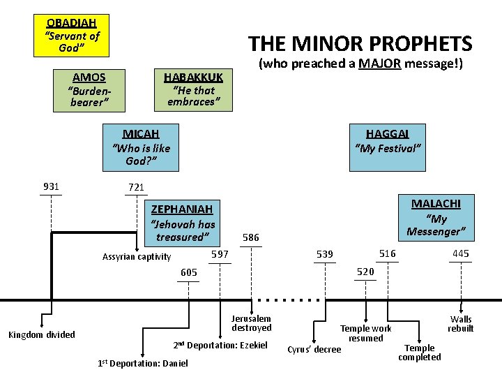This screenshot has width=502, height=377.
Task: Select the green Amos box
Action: tap(89, 90)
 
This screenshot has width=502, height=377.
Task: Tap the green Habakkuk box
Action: tap(193, 90)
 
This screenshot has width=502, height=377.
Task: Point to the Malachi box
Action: tap(436, 216)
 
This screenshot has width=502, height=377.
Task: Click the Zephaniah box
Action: tap(183, 223)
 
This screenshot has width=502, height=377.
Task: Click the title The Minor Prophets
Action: tap(360, 44)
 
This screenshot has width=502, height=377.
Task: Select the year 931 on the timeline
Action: tap(51, 186)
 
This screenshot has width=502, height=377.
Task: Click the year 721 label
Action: tap(136, 187)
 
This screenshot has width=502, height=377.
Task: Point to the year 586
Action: tap(250, 238)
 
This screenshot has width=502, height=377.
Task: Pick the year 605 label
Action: tap(189, 272)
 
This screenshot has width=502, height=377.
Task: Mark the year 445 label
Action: tap(460, 253)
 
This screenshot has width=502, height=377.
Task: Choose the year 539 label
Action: tap(325, 254)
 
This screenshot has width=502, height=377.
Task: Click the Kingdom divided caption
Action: tap(41, 335)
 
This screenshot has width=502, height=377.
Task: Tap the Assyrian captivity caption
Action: tap(137, 257)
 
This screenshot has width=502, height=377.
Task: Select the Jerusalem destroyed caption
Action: tap(252, 323)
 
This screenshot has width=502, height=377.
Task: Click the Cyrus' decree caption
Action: tap(314, 349)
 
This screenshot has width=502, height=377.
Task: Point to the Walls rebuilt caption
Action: tap(461, 324)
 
